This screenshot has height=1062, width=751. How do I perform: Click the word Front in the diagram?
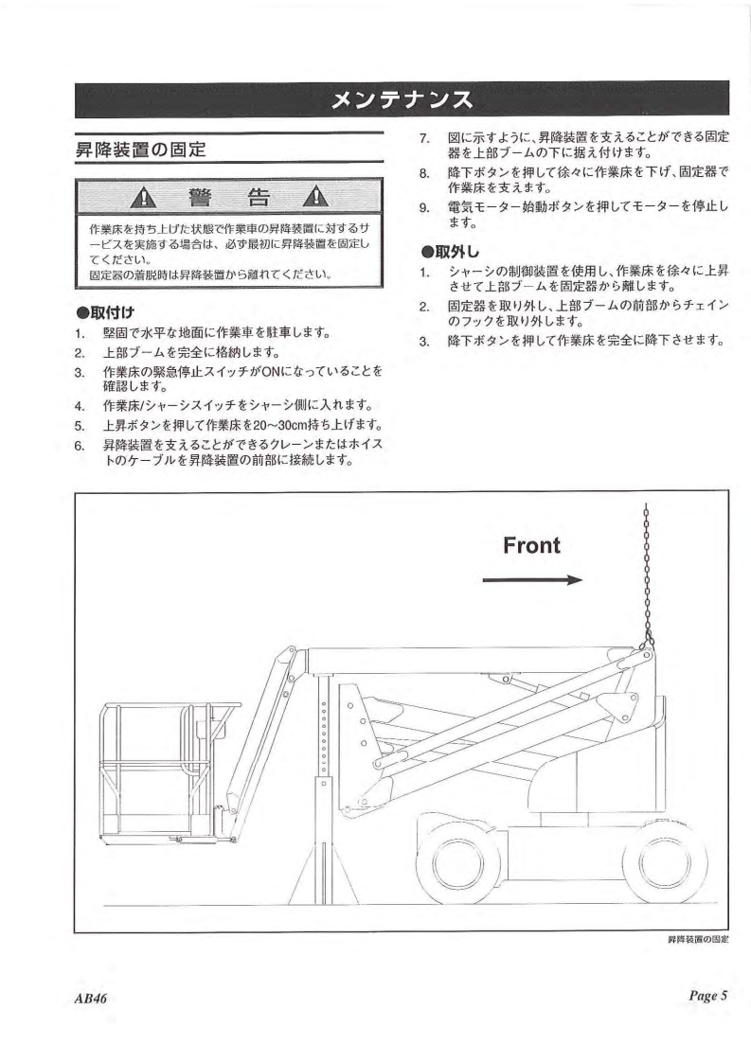pos(530,545)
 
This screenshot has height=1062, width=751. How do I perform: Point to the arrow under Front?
pos(530,580)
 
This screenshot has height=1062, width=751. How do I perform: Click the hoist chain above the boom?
pos(646,577)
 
